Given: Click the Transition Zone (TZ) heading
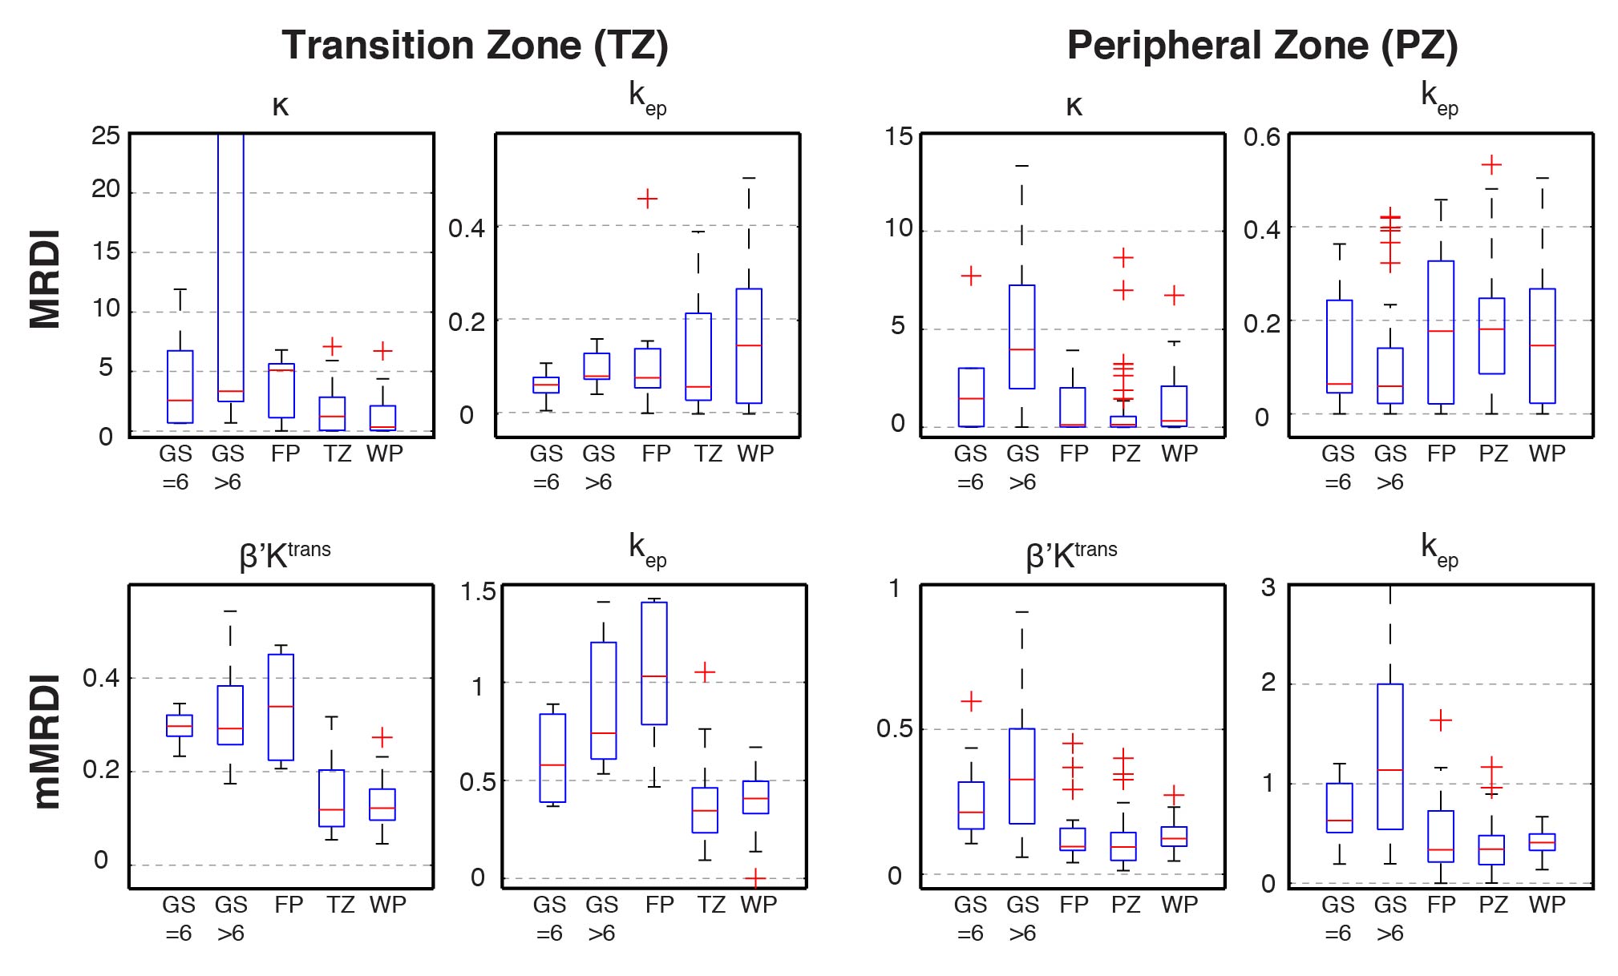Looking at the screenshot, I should point(475,45).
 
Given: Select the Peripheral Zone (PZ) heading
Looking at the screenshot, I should point(1262,45).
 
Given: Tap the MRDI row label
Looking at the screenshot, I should point(46,280).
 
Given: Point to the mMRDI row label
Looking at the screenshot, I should point(46,741).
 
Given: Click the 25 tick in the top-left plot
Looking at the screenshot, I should point(105,135).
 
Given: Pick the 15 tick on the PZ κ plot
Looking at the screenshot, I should point(899,135).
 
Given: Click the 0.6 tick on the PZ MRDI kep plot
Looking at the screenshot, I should point(1262,137).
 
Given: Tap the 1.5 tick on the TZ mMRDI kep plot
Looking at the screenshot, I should point(478,592).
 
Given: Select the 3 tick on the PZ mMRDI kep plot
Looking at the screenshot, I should point(1268,588).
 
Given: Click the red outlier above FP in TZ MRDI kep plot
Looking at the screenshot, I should point(647,199).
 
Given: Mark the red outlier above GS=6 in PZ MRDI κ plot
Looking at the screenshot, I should point(971,276).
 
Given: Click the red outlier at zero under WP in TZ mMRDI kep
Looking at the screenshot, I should point(754,879).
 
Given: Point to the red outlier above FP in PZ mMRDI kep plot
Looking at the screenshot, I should point(1441,720).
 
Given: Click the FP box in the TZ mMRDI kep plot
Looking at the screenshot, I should point(654,663).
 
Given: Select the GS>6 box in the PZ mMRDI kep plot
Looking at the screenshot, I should point(1389,756).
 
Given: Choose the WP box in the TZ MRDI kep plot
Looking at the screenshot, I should point(749,345).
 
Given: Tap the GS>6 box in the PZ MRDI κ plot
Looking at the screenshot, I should point(1021,337).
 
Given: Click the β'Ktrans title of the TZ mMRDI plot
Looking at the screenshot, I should point(285,554).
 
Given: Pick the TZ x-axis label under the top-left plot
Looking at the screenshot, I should point(338,454).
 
